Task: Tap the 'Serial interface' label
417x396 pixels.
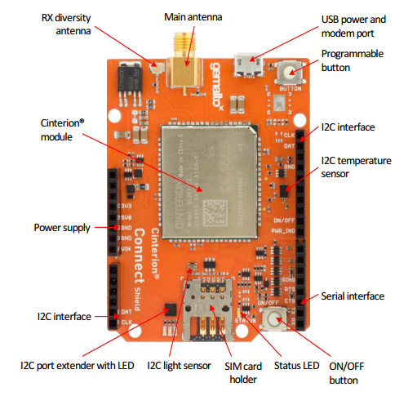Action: [x=353, y=296]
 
